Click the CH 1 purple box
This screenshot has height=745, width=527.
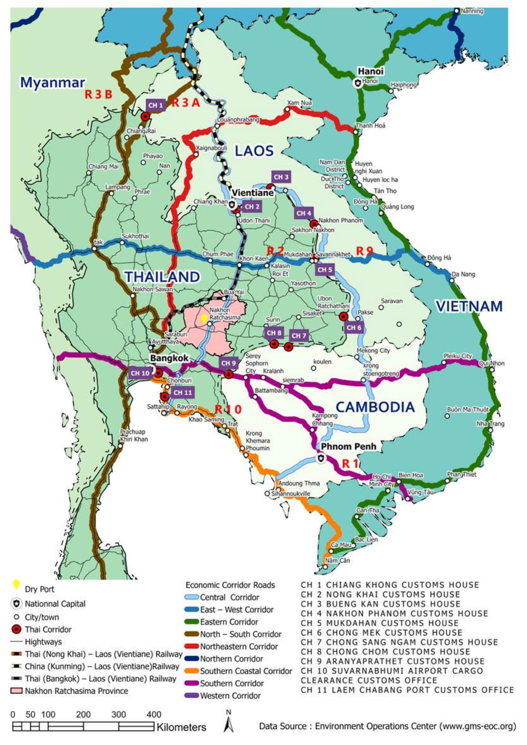coord(156,105)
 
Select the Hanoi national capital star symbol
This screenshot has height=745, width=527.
coord(358,83)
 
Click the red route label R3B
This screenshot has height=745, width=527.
coord(99,94)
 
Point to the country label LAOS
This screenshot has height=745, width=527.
coord(254,151)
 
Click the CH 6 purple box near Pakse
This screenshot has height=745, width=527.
coord(354,328)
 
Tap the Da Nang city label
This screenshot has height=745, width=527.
coord(463,274)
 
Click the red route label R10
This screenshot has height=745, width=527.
coord(228,409)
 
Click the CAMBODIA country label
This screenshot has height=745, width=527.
coord(375,407)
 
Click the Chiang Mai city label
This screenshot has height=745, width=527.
coord(103,166)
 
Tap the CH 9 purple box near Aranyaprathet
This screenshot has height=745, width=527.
coord(228,363)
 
